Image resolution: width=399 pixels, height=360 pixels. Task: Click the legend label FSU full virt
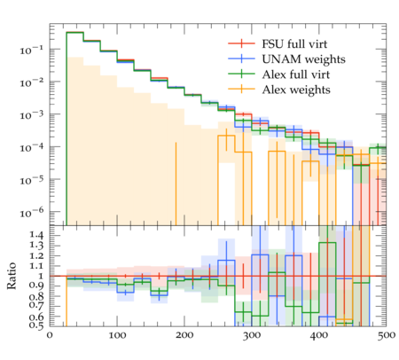point(294,44)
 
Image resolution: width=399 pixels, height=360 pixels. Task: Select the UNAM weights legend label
point(303,59)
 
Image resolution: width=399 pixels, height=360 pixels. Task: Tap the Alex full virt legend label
point(295,74)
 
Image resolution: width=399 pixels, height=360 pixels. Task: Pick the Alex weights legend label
point(296,90)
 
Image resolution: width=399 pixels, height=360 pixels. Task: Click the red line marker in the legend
point(241,43)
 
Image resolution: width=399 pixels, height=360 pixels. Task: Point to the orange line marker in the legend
point(241,89)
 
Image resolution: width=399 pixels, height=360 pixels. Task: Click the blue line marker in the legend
point(241,59)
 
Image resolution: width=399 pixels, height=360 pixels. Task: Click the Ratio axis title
point(12,276)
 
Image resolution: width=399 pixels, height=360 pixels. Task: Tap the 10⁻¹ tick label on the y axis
point(32,50)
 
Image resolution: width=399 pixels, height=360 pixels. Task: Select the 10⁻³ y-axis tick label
point(32,114)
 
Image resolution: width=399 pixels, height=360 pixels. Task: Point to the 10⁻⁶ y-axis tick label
point(32,212)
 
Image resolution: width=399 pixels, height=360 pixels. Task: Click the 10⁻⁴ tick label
point(32,147)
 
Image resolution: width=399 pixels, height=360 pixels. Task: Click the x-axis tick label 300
point(252,335)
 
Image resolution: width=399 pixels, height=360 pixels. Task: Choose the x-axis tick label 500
point(386,335)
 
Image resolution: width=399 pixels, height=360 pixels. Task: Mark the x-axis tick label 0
point(50,335)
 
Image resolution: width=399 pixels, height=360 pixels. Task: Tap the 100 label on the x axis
point(117,335)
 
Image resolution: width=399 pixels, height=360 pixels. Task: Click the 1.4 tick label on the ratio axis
point(36,236)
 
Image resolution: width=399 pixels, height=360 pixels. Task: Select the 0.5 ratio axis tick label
point(36,325)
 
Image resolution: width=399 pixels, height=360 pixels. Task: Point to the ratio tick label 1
point(41,276)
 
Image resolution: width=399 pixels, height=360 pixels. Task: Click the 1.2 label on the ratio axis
point(36,255)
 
